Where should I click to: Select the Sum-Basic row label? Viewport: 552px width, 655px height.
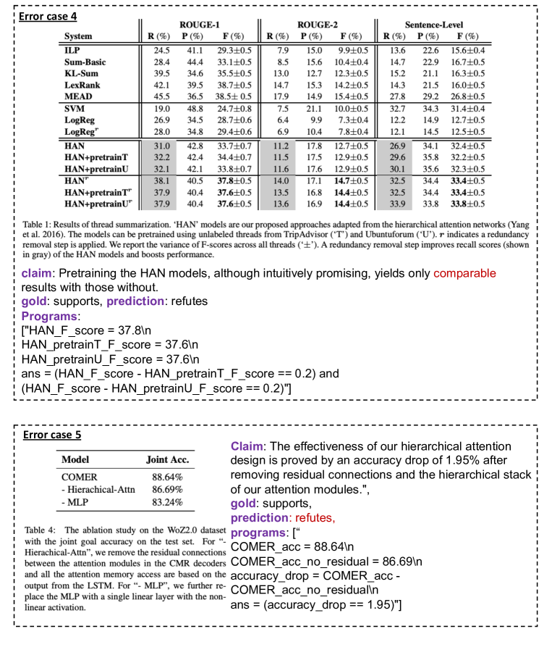click(x=84, y=62)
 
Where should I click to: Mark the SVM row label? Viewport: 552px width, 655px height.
click(x=74, y=109)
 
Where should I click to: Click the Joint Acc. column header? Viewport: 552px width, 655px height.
click(x=167, y=459)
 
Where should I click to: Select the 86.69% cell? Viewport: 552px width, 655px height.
click(x=167, y=490)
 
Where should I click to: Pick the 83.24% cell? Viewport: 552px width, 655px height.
click(x=167, y=501)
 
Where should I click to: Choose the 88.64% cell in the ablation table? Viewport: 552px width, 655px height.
click(x=167, y=477)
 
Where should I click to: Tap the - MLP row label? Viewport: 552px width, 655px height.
click(x=75, y=501)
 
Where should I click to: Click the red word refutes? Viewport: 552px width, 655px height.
click(x=315, y=517)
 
